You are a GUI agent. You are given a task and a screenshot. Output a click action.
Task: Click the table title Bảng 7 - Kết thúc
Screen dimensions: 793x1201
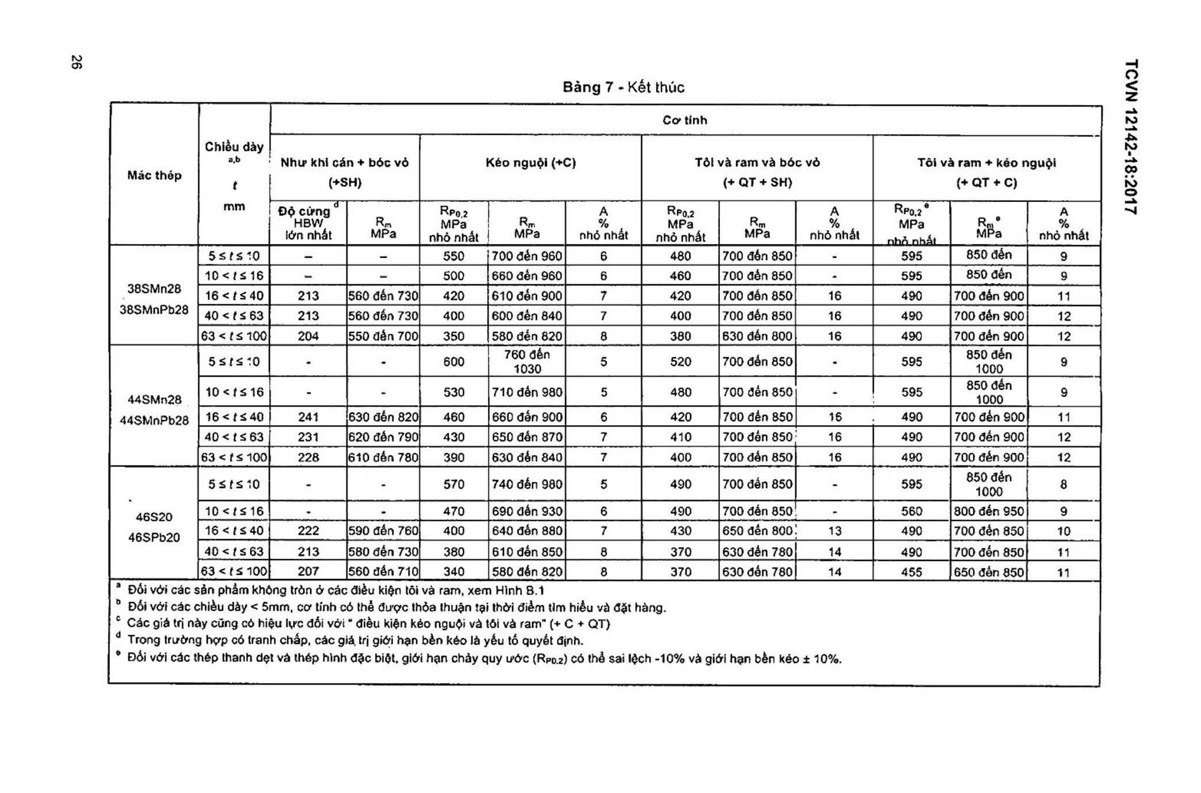pos(623,87)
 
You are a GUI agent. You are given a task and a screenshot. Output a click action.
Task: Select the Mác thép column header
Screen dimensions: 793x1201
pos(154,176)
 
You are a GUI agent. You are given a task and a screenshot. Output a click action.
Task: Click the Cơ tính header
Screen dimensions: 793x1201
pos(684,120)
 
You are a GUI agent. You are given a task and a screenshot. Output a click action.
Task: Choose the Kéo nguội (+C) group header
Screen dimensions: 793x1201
pos(531,163)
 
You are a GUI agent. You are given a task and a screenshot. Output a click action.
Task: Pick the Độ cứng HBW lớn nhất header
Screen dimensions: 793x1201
pos(308,223)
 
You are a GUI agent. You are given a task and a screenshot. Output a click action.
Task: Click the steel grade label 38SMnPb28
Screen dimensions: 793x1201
pos(154,310)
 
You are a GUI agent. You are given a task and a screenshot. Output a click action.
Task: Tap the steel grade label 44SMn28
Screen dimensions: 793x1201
pos(154,399)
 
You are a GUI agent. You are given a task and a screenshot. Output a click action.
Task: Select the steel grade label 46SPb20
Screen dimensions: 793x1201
pos(154,537)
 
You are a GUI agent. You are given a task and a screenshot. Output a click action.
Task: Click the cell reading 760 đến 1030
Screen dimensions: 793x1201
pos(527,361)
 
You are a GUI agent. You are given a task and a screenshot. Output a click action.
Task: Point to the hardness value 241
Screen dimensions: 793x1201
pos(308,417)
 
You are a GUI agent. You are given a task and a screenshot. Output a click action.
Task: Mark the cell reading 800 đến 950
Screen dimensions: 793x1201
pos(989,511)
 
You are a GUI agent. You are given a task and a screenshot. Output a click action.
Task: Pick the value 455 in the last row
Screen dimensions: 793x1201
pos(912,572)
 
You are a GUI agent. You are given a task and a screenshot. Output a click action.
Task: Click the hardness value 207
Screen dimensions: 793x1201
pos(308,571)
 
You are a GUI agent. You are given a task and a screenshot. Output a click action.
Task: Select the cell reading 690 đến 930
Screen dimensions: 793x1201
pos(527,511)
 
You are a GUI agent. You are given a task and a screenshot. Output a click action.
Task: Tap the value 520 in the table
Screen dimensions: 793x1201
pos(680,361)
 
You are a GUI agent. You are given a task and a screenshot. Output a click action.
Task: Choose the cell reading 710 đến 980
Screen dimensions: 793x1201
pos(527,392)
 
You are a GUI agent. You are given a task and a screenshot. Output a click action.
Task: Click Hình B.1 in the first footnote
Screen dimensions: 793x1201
pos(520,590)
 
